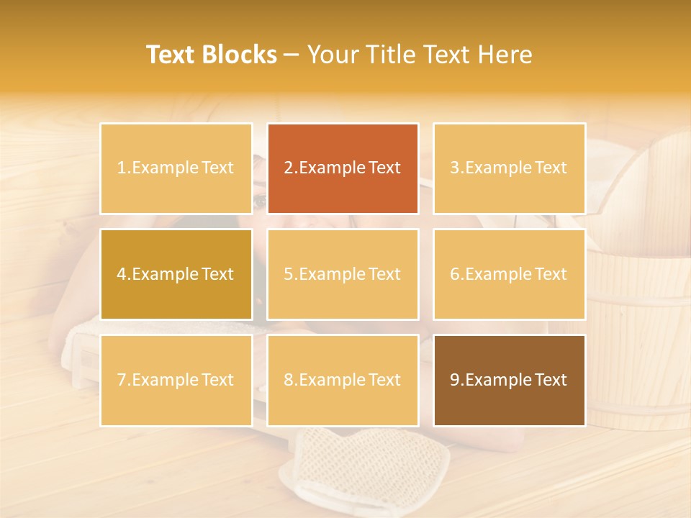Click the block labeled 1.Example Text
point(176,168)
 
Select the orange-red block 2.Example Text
point(343,168)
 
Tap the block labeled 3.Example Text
point(509,168)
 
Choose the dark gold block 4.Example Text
point(176,274)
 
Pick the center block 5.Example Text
point(343,274)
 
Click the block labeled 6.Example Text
point(509,274)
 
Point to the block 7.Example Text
point(176,380)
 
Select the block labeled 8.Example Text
point(343,380)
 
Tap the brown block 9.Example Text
point(509,380)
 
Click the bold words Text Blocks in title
point(212,55)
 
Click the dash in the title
point(292,55)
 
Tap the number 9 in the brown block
point(454,380)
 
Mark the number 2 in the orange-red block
point(288,168)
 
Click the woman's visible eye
point(259,202)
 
